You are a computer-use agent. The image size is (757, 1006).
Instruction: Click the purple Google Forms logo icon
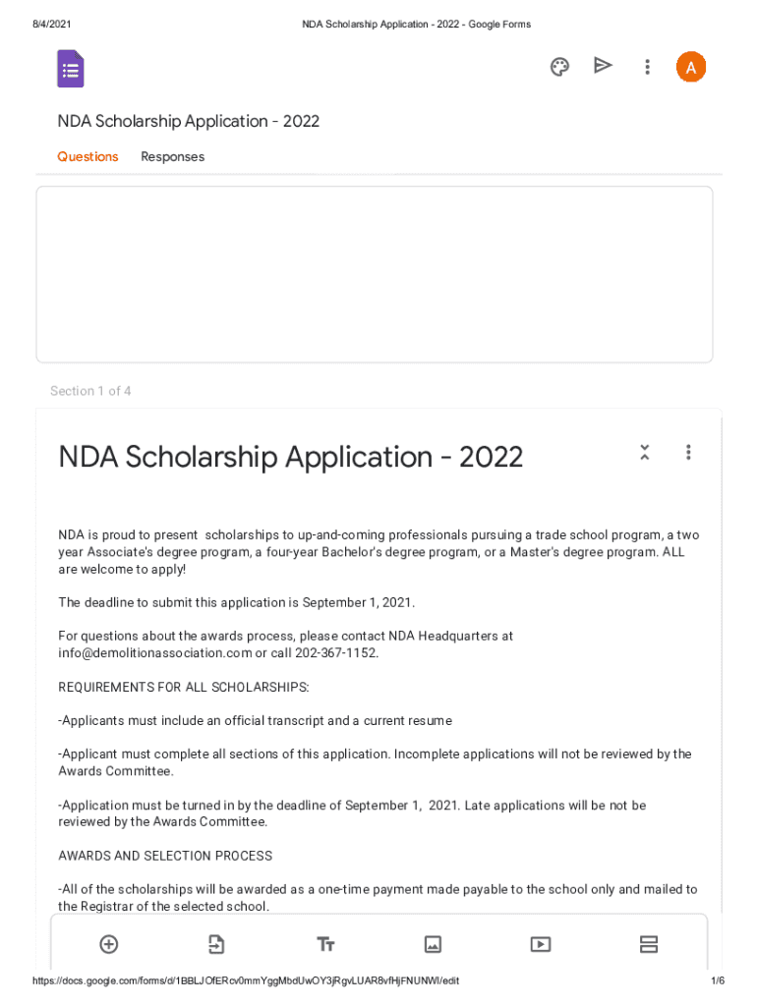tap(71, 69)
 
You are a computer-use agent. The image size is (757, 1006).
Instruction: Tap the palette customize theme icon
tap(559, 67)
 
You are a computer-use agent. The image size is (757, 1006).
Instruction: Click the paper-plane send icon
tap(603, 66)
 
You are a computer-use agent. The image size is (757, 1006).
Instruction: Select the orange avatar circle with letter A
tap(690, 67)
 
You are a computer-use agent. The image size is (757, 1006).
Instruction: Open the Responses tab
tap(172, 157)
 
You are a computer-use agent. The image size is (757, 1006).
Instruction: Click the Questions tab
tap(87, 157)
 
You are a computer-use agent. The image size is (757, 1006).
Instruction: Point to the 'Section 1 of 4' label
tap(90, 391)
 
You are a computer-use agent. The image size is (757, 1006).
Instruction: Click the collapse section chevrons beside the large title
tap(644, 453)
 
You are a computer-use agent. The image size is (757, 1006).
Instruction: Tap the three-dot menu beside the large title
tap(688, 453)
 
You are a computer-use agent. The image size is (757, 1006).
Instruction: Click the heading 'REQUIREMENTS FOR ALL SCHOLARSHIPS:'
tap(184, 687)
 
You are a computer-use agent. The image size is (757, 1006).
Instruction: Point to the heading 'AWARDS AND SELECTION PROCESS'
tap(165, 856)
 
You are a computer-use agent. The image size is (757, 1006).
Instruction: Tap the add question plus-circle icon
tap(109, 944)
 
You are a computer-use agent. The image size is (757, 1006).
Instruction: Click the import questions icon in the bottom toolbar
tap(216, 944)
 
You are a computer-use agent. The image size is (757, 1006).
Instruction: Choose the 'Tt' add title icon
tap(325, 944)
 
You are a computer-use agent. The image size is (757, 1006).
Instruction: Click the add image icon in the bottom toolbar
tap(433, 944)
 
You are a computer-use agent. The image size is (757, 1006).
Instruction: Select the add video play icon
tap(541, 944)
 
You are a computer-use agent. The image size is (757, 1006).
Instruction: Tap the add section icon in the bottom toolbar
tap(648, 944)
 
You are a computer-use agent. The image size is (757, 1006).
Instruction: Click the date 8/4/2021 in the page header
tap(51, 25)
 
